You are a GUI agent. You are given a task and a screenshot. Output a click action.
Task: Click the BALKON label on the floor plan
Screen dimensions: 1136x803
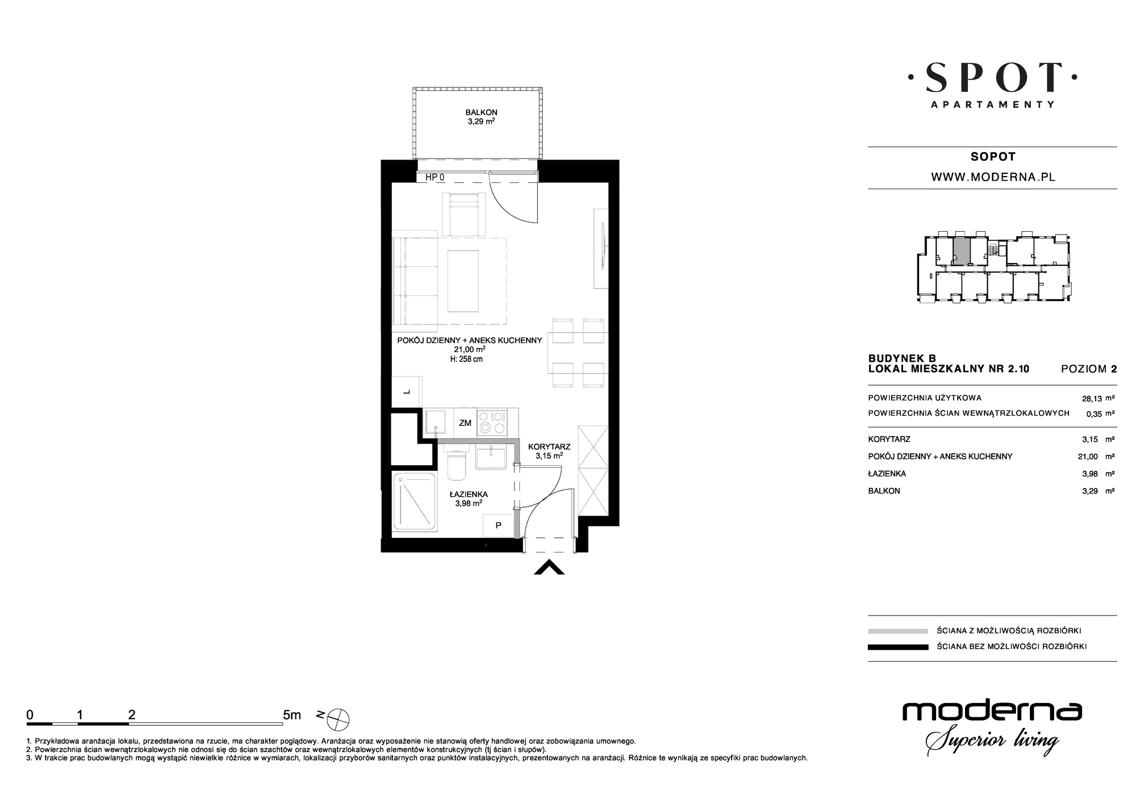point(481,112)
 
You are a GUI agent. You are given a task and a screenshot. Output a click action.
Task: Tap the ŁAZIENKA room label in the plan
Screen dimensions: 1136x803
point(469,494)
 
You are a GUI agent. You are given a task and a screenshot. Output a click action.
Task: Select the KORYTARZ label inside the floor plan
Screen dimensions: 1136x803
point(549,447)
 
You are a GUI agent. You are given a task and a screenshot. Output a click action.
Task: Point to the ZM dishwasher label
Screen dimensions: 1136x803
point(465,423)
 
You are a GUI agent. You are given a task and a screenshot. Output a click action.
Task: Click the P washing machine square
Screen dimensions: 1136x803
point(498,525)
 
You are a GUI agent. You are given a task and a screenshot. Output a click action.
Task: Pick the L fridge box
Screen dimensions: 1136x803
point(407,391)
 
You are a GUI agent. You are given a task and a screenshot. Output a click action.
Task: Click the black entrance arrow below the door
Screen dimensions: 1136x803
point(549,567)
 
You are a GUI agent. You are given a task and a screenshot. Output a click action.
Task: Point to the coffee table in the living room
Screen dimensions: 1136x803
point(463,282)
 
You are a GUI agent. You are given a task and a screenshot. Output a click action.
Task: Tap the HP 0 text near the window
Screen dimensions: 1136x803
point(435,177)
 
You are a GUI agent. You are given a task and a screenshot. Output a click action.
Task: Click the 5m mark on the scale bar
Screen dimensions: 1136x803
point(292,715)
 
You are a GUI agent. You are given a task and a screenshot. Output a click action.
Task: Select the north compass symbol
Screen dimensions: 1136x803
point(339,720)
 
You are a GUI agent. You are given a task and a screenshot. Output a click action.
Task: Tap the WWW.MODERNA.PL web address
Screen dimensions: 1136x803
point(993,177)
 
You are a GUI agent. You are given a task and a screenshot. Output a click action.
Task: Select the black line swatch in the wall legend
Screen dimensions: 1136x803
point(898,646)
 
